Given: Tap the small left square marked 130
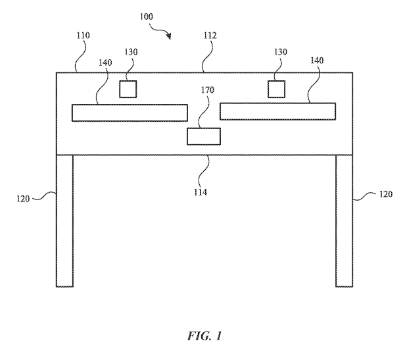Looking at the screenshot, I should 128,89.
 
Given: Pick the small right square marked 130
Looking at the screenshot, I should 276,88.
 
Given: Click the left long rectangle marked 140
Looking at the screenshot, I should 129,112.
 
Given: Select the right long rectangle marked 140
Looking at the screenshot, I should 277,111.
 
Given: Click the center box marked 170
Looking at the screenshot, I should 204,136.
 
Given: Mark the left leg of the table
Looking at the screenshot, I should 64,220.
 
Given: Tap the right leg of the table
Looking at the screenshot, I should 344,220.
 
